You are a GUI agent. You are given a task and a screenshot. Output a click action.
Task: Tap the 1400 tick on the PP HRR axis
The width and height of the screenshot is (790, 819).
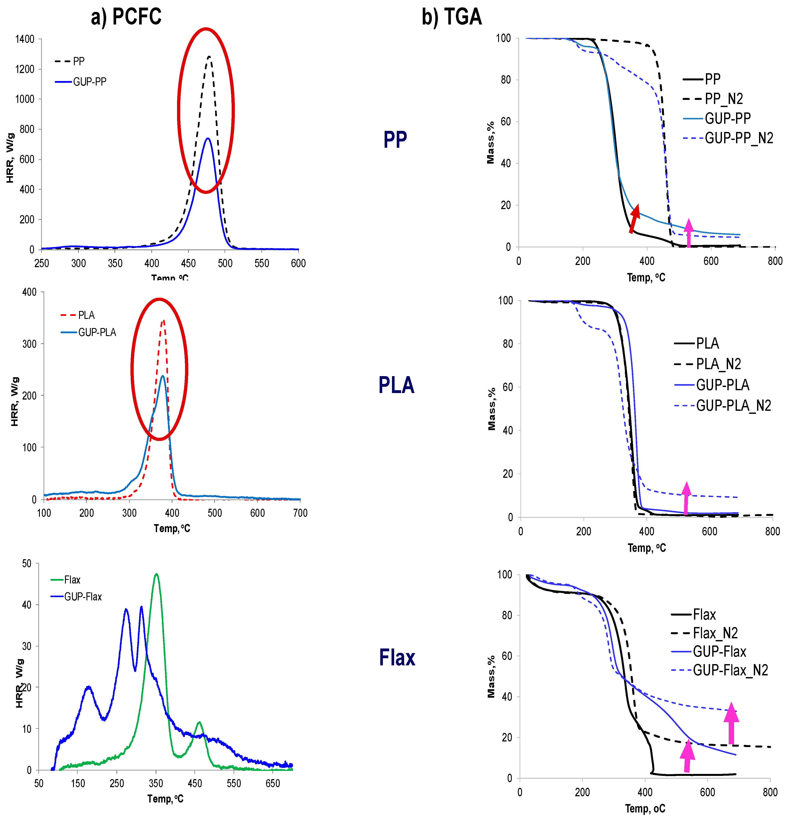(x=25, y=39)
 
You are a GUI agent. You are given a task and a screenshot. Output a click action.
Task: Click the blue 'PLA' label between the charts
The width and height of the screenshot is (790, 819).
(x=396, y=385)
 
